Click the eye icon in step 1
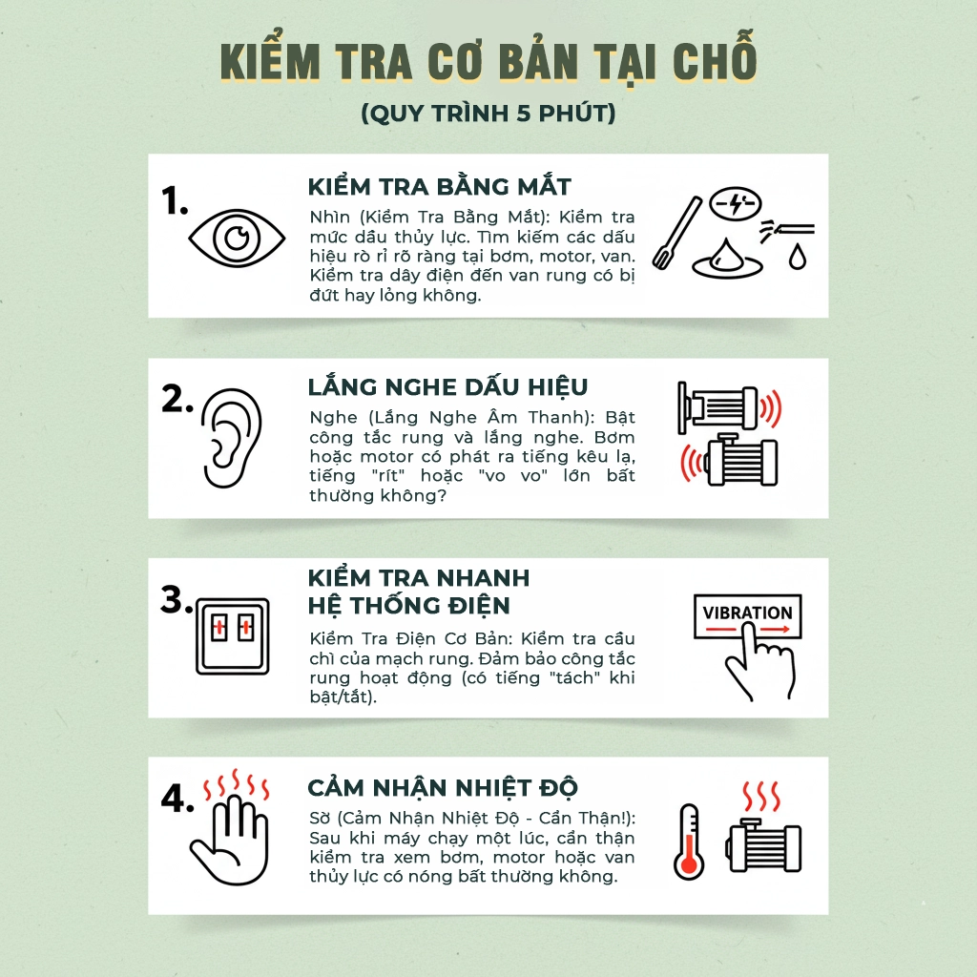tap(237, 238)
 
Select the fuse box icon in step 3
tap(233, 636)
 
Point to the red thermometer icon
tap(689, 842)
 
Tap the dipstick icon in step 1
tap(676, 233)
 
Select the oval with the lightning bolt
tap(736, 203)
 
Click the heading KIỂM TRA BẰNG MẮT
tap(439, 187)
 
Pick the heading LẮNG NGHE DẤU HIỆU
tap(447, 386)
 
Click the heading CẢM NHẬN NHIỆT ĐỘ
tap(443, 787)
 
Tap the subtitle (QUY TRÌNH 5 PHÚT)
tap(488, 114)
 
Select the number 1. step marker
tap(175, 200)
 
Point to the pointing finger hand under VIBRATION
tap(760, 662)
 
